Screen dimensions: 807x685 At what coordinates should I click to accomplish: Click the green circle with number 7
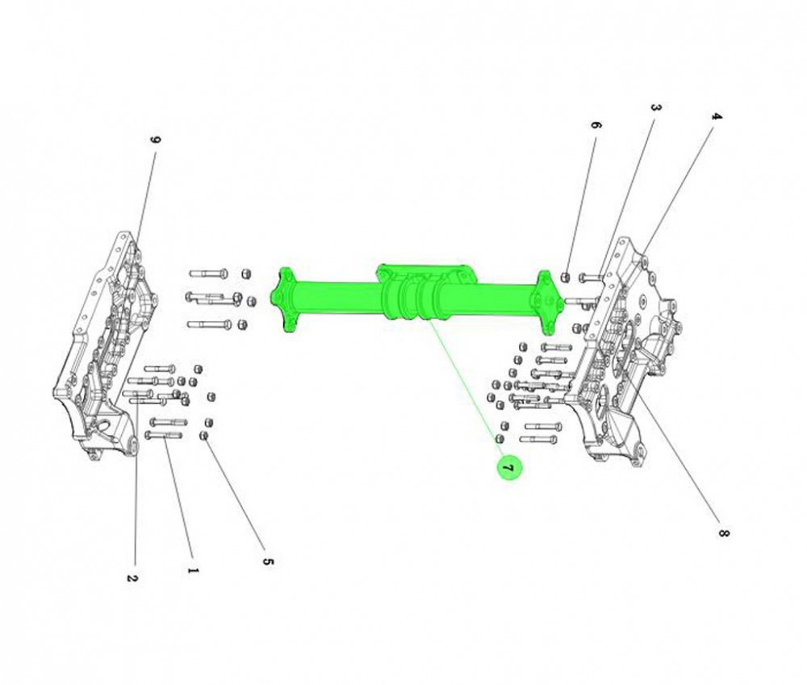click(508, 467)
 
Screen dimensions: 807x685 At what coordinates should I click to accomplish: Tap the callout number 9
click(156, 140)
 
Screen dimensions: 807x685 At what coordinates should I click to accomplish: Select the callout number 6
click(595, 125)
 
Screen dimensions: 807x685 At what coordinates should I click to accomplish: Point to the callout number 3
click(655, 109)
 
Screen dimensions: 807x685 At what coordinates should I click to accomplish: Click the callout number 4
click(716, 116)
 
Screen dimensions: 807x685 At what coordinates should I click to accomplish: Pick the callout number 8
click(724, 533)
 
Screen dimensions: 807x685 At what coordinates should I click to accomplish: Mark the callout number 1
click(193, 570)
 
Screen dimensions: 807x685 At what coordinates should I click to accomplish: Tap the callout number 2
click(132, 578)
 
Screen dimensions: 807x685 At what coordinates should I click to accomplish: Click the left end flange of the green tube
click(284, 299)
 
